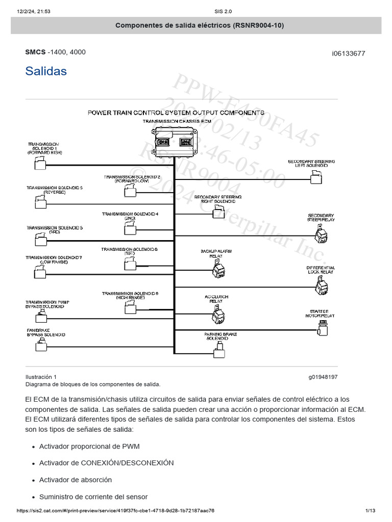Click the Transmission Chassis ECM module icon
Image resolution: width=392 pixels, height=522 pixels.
pyautogui.click(x=175, y=142)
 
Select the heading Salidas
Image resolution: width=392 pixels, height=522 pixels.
pyautogui.click(x=46, y=71)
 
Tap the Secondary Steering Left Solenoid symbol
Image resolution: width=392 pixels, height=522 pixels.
pyautogui.click(x=316, y=176)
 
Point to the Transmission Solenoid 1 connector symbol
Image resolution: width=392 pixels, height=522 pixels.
pyautogui.click(x=39, y=163)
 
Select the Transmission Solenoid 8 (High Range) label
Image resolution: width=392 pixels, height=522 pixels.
pyautogui.click(x=130, y=295)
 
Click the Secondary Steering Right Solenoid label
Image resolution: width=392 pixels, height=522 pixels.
pyautogui.click(x=218, y=198)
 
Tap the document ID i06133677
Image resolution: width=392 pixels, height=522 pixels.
pyautogui.click(x=349, y=54)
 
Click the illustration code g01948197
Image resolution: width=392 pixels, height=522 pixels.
pyautogui.click(x=323, y=377)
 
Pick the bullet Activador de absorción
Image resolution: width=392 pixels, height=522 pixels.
pyautogui.click(x=75, y=480)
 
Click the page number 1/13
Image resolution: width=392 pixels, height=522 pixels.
pyautogui.click(x=370, y=510)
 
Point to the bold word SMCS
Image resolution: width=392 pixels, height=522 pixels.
pyautogui.click(x=35, y=52)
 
